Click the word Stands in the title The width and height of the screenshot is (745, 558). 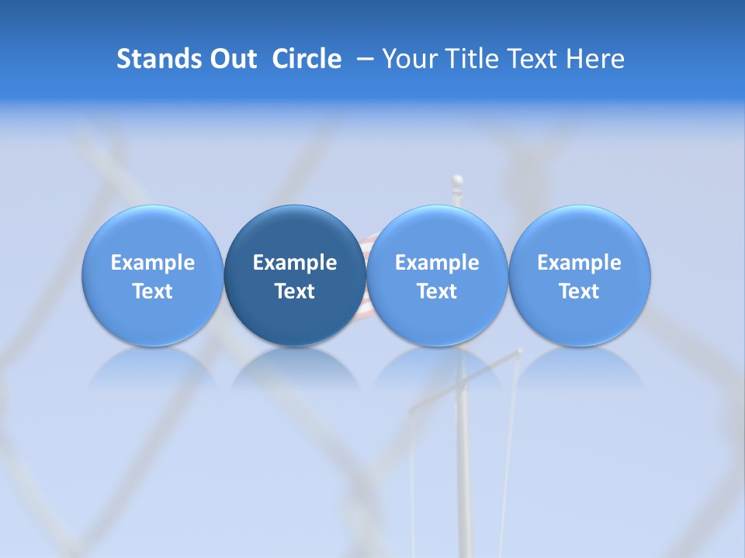pos(158,59)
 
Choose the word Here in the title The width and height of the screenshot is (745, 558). pos(595,59)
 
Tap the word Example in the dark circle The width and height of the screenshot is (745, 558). pos(295,263)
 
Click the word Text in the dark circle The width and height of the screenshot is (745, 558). pos(295,291)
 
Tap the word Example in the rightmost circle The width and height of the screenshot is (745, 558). pos(580,263)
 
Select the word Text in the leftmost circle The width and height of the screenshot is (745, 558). pos(152,291)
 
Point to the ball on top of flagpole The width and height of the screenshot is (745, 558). pos(458,181)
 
